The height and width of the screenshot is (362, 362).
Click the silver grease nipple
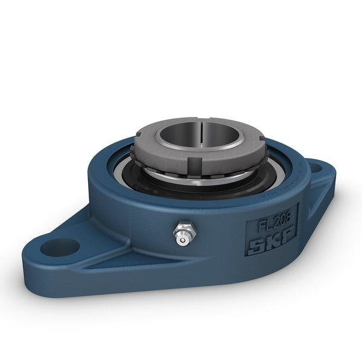tap(181, 235)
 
